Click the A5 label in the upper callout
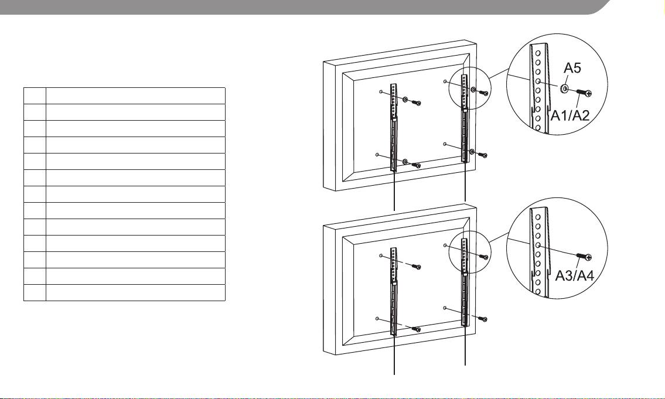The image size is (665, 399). [x=572, y=68]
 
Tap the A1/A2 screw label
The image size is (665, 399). [x=570, y=115]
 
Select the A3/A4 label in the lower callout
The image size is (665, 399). [x=575, y=276]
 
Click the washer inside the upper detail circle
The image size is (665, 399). [x=564, y=88]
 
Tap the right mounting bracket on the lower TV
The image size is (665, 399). [x=465, y=282]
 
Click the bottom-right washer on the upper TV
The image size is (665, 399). [x=472, y=152]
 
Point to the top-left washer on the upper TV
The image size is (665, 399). [x=405, y=100]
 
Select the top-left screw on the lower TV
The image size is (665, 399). [x=417, y=266]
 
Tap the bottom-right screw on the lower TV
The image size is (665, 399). [x=483, y=318]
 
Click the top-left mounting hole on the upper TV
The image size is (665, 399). [x=381, y=91]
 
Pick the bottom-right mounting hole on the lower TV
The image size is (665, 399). [x=445, y=308]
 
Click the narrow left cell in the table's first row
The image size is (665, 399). [x=35, y=96]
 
